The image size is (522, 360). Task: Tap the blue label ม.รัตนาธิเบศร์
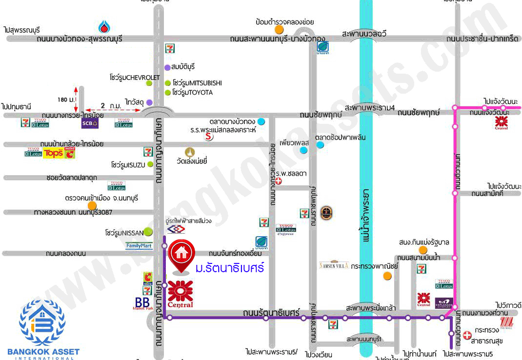(x=229, y=268)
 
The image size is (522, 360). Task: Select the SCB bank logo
(x=89, y=123)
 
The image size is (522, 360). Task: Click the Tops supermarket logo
(x=54, y=154)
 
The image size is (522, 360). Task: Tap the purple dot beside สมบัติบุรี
(x=167, y=67)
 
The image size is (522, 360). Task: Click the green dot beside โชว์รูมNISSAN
(x=147, y=232)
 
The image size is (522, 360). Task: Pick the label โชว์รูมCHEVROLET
(x=135, y=78)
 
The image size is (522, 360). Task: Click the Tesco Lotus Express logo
(x=285, y=230)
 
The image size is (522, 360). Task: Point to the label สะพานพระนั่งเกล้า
(x=370, y=308)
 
